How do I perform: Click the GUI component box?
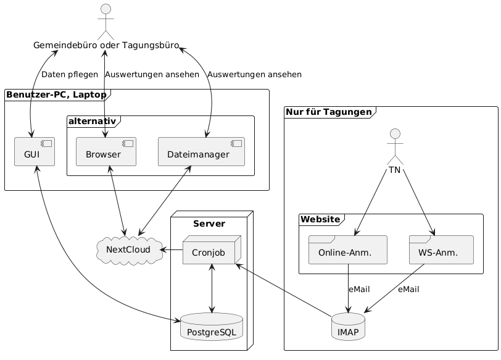coord(35,153)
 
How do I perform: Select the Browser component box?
coord(106,153)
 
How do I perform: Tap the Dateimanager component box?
coord(202,153)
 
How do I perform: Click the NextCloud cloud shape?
coord(128,250)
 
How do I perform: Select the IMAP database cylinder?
coord(348,327)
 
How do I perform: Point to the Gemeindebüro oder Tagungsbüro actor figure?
coord(106,22)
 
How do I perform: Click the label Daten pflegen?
coord(69,75)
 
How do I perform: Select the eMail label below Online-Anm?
coord(358,290)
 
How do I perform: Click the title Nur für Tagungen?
coord(329,112)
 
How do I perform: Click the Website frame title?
coord(320,219)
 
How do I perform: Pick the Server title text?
coord(208,222)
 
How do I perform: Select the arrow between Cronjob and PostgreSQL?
coord(212,288)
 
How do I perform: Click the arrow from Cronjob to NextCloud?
coord(171,250)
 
